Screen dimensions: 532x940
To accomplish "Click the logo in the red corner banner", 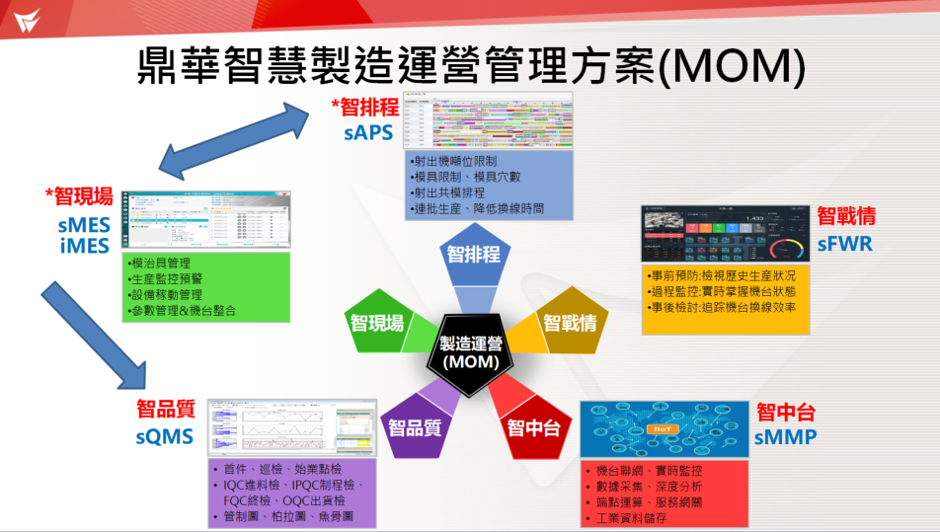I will point(21,17).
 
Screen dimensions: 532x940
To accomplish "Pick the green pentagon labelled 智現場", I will point(377,322).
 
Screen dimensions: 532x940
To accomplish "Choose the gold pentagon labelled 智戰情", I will point(569,322).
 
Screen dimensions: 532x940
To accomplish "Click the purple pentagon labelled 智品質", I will point(416,426).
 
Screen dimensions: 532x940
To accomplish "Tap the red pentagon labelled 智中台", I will point(533,427).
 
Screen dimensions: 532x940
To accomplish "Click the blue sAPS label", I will point(368,133).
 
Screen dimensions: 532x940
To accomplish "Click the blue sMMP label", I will point(786,436).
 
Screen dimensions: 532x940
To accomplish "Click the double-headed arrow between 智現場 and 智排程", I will point(238,137).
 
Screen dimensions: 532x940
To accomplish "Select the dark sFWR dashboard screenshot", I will point(725,234).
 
